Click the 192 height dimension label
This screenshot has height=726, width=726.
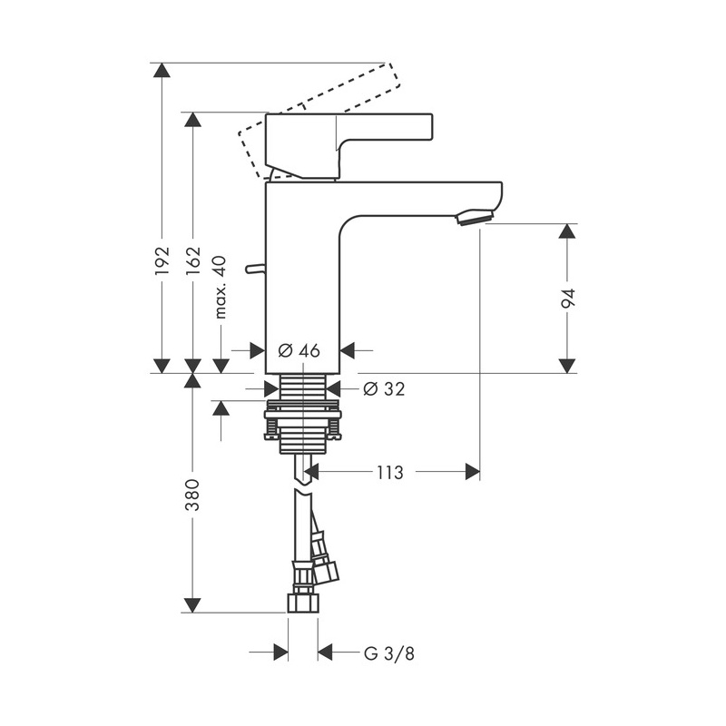point(162,261)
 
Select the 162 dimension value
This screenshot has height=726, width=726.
point(192,261)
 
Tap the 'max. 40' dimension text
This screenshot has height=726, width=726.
point(221,287)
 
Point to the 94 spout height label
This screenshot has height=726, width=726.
point(568,299)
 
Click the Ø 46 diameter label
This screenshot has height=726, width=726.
point(299,351)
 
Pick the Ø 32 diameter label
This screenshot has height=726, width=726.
point(384,389)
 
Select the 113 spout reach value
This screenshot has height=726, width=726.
point(390,473)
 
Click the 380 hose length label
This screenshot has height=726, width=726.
point(192,495)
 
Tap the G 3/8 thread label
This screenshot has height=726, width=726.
point(389,653)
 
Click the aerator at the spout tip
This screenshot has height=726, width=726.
point(474,217)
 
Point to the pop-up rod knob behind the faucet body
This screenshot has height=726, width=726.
point(254,269)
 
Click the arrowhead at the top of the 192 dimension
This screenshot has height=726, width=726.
point(162,70)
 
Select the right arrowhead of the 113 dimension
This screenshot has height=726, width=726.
point(473,472)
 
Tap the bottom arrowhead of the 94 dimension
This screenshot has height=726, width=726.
point(567,366)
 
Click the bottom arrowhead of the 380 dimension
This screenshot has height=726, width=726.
point(192,605)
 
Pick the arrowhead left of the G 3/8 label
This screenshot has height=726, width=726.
point(280,652)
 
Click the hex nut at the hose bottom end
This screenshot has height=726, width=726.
point(303,603)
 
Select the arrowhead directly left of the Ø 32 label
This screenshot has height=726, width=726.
point(333,389)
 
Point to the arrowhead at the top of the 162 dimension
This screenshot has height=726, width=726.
point(192,119)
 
